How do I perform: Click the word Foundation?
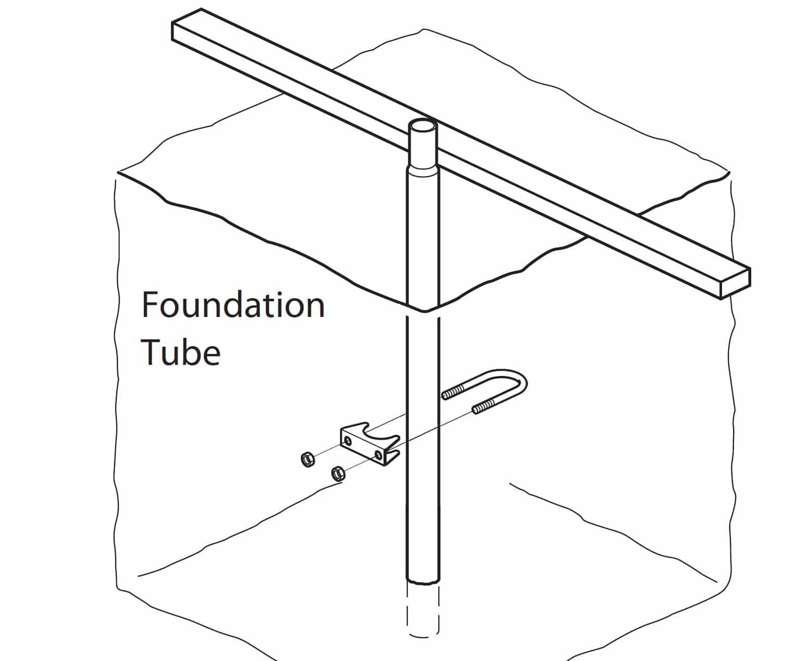[x=233, y=304]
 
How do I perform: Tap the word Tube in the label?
[x=180, y=352]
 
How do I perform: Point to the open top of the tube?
[x=423, y=125]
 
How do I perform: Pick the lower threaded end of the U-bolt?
[x=484, y=408]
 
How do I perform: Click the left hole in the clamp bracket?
[x=347, y=441]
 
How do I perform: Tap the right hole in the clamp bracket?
[x=378, y=455]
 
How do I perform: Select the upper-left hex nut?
[x=307, y=459]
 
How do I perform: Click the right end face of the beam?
[x=736, y=284]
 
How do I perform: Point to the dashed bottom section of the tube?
[x=423, y=610]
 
